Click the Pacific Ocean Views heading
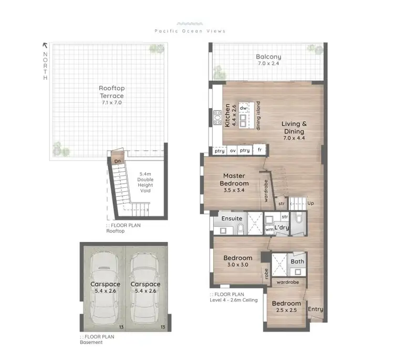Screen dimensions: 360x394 pyautogui.click(x=190, y=31)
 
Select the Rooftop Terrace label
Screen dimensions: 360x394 pyautogui.click(x=111, y=92)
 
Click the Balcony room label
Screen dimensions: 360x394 pyautogui.click(x=268, y=57)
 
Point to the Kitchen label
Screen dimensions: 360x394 pyautogui.click(x=227, y=115)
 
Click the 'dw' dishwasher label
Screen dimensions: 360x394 pyautogui.click(x=243, y=108)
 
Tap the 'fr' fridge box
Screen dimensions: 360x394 pyautogui.click(x=259, y=151)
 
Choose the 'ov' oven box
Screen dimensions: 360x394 pyautogui.click(x=233, y=151)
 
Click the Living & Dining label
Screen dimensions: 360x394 pyautogui.click(x=293, y=128)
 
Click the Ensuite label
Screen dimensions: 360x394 pyautogui.click(x=232, y=218)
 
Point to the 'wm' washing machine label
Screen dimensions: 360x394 pyautogui.click(x=268, y=229)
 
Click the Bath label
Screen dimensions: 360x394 pyautogui.click(x=297, y=261)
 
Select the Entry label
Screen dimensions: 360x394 pyautogui.click(x=316, y=309)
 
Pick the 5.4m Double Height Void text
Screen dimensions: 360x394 pyautogui.click(x=145, y=182)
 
